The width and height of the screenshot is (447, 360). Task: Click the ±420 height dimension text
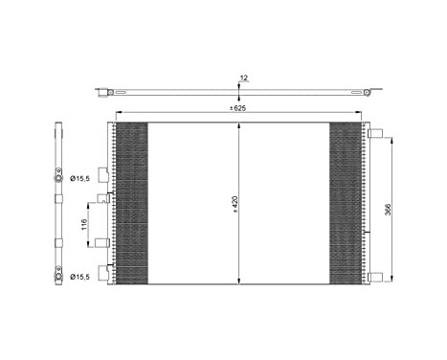tap(233, 203)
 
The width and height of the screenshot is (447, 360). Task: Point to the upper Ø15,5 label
tap(80, 179)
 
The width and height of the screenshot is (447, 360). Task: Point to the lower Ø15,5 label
tap(80, 277)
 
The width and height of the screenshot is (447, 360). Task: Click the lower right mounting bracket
tap(377, 277)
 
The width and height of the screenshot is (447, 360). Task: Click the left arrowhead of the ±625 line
tap(118, 114)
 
